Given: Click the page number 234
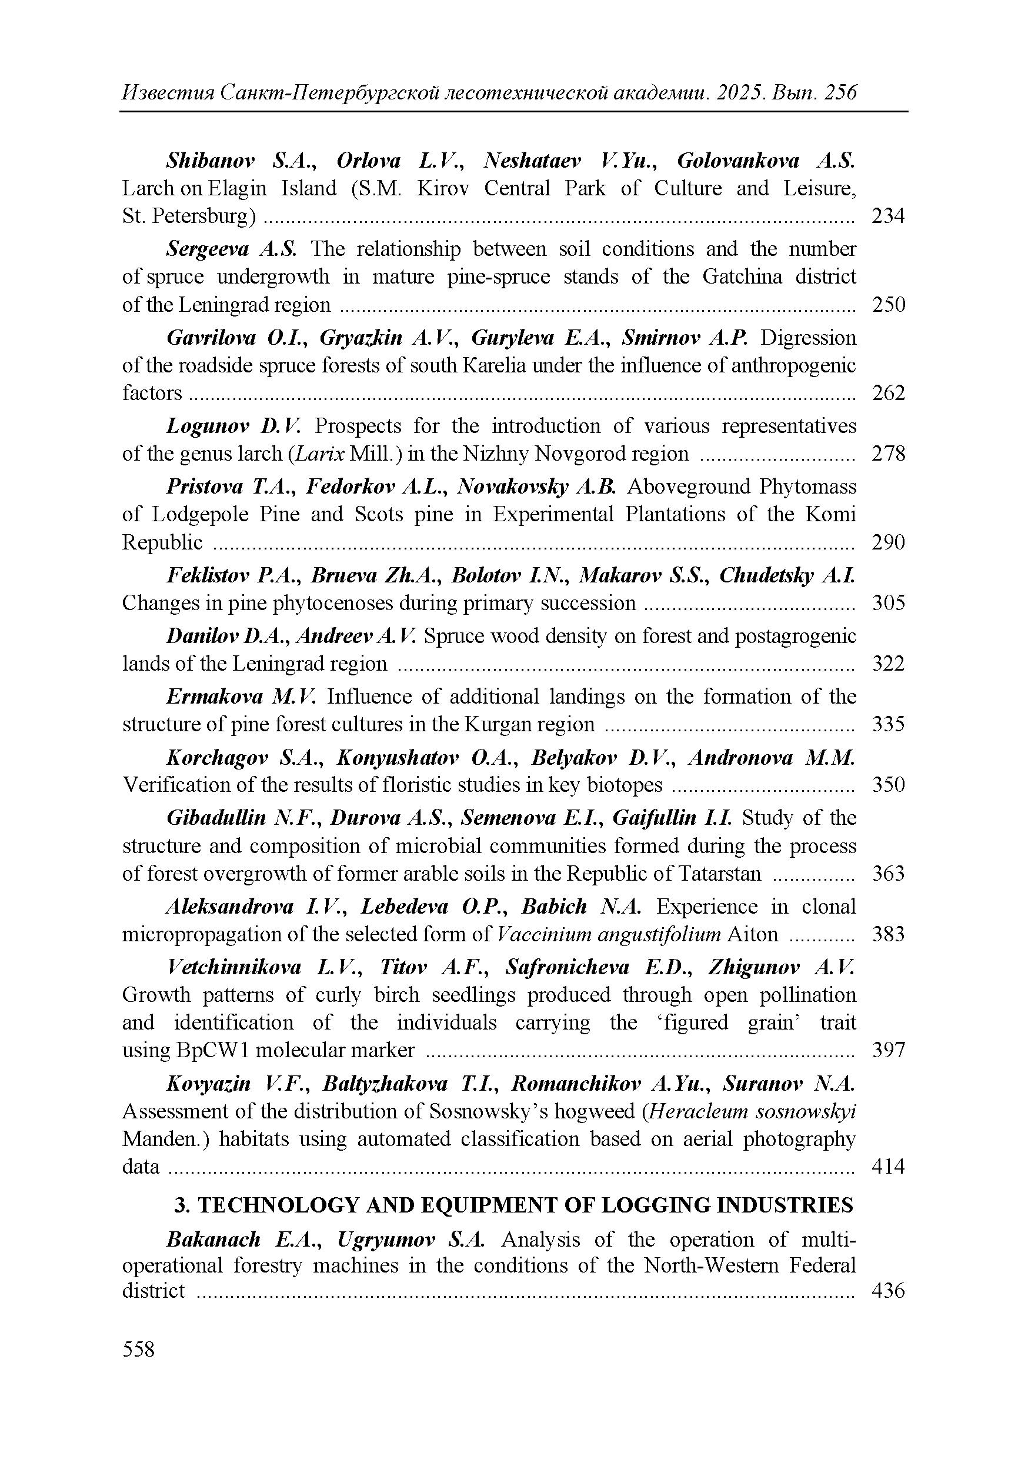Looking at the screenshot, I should click(x=887, y=216).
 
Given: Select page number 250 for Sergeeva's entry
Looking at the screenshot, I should click(x=887, y=305).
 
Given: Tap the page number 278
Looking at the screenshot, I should click(x=887, y=454).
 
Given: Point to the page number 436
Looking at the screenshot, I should click(x=887, y=1291).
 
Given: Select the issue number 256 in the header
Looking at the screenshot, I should click(x=840, y=94).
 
